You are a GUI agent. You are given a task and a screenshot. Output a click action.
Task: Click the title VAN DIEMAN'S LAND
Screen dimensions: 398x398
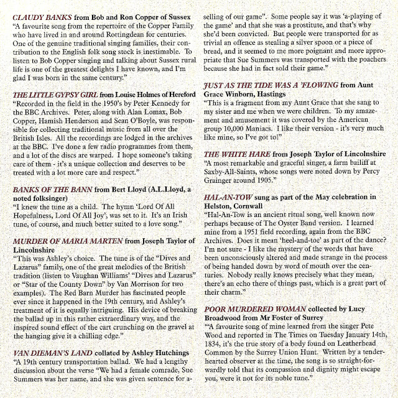[50, 353]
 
